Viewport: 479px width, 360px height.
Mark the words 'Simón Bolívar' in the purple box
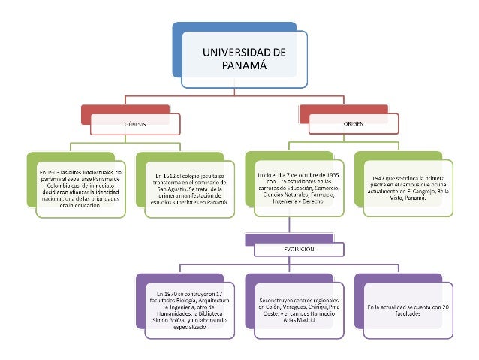coord(167,319)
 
